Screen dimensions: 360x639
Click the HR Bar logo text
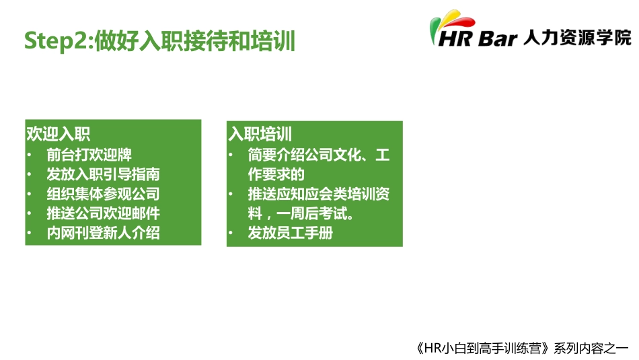coord(478,38)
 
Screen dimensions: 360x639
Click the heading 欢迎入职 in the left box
coord(58,134)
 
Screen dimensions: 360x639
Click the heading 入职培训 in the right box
coord(260,134)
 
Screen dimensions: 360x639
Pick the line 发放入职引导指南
coord(103,174)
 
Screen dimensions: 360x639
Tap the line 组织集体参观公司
coord(103,194)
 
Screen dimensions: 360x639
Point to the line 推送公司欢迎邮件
coord(103,214)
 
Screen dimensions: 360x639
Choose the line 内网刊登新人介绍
coord(103,233)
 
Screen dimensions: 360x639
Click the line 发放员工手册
coord(290,233)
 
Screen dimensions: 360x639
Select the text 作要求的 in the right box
coord(276,175)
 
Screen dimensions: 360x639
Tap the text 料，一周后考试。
coord(301,215)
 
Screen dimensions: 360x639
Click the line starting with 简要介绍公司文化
coord(318,155)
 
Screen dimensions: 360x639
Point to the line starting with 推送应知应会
coord(318,194)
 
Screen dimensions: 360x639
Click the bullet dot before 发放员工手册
coord(231,234)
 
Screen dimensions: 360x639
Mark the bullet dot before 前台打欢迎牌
coord(30,155)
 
